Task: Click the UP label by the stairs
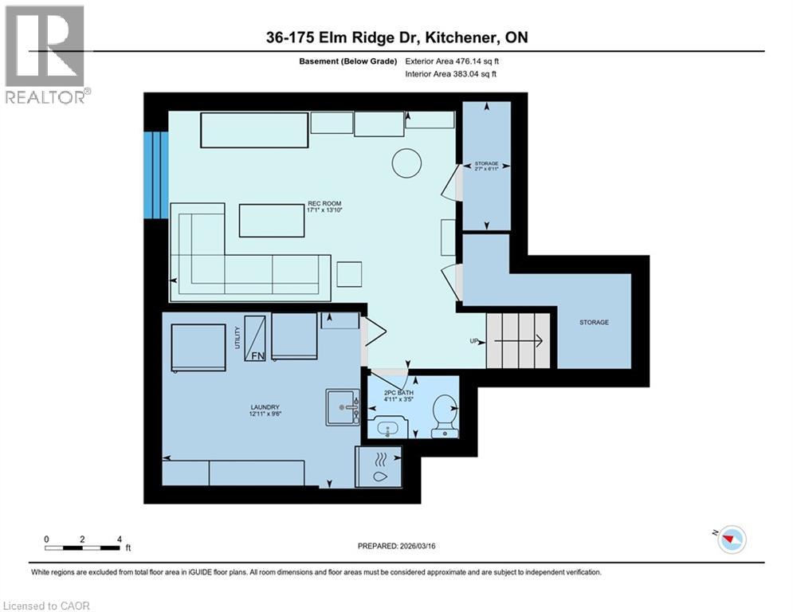tap(474, 341)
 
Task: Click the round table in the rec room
tap(406, 163)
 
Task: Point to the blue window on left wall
tap(155, 175)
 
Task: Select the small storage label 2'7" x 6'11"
tap(486, 166)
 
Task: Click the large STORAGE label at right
tap(594, 323)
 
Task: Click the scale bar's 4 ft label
tap(118, 539)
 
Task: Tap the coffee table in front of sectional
tap(272, 221)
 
